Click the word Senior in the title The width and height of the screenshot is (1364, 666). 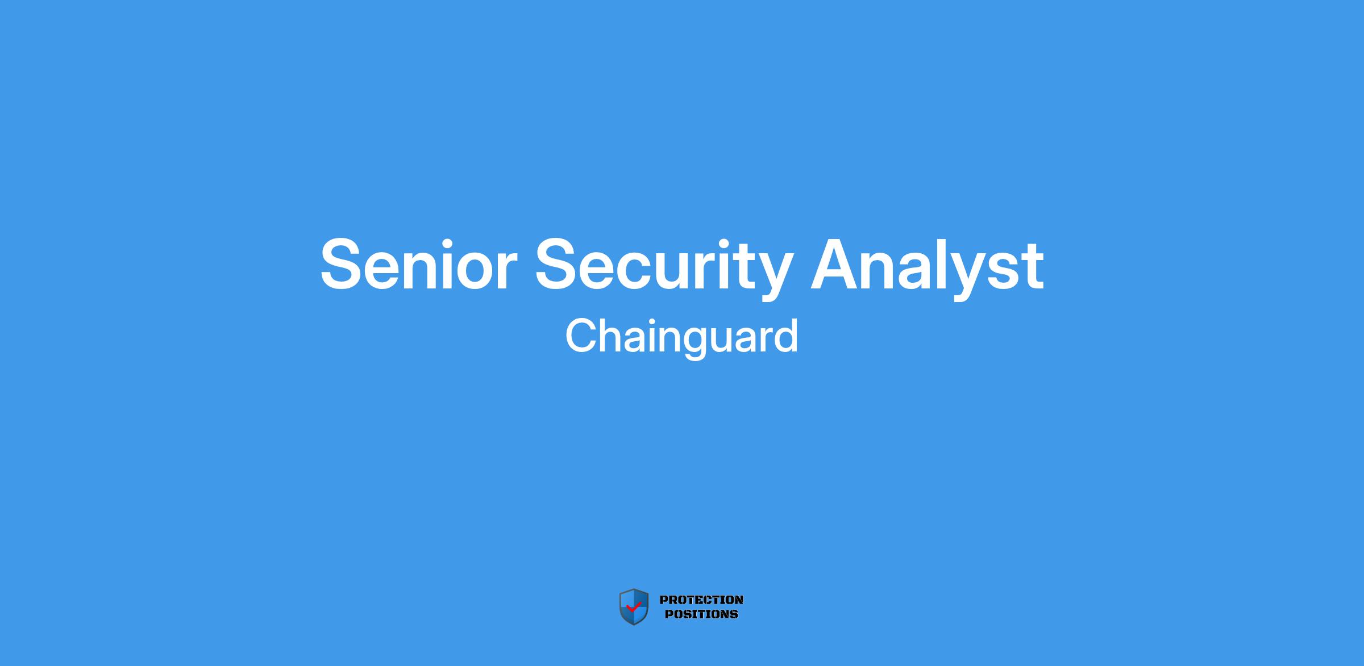point(418,265)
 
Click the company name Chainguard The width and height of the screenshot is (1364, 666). point(681,337)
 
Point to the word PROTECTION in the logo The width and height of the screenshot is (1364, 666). point(701,600)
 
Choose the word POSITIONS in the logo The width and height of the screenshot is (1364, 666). point(701,614)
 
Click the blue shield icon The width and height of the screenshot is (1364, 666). point(634,607)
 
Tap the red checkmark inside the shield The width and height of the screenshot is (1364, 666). point(633,607)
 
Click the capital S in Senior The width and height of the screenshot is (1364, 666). point(343,263)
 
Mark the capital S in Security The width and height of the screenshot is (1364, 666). point(558,263)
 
